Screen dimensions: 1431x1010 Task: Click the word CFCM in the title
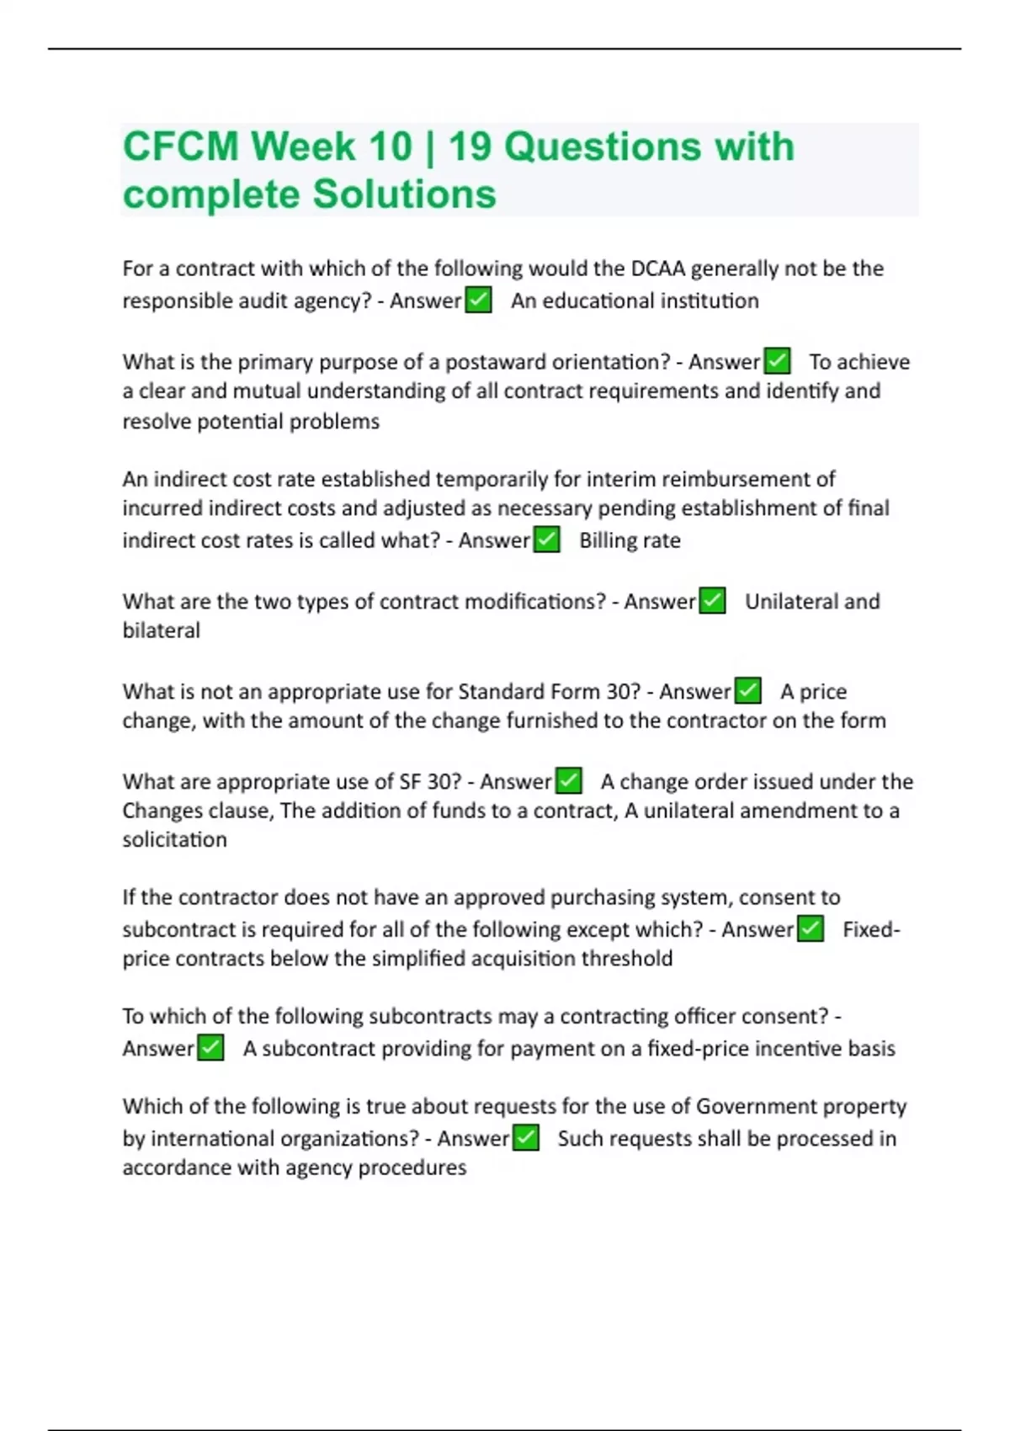click(180, 146)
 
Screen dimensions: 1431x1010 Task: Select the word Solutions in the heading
click(404, 194)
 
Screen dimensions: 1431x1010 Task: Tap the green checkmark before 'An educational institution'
click(478, 301)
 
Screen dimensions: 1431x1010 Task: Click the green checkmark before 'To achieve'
click(777, 361)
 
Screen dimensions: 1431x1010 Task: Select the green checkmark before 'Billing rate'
click(547, 540)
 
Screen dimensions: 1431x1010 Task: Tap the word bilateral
click(162, 630)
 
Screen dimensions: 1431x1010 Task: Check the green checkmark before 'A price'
click(747, 691)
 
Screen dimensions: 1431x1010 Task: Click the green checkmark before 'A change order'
click(569, 781)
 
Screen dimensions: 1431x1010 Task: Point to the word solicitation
click(174, 839)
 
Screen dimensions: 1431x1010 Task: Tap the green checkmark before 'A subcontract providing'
click(210, 1048)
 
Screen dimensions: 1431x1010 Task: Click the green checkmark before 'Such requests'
click(526, 1138)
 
